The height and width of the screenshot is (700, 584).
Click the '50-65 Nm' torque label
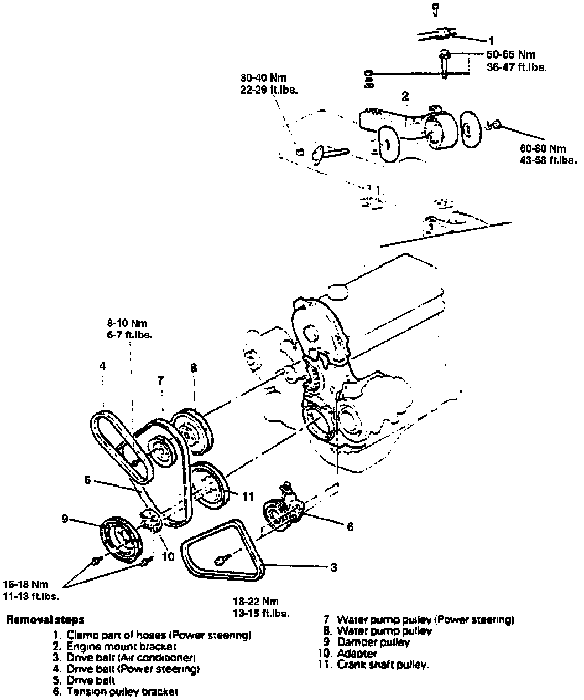pos(511,55)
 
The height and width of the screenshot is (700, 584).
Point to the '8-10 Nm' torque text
pos(127,323)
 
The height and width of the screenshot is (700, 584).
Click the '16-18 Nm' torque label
pos(25,584)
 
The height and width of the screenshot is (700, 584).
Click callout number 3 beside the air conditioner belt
pos(333,567)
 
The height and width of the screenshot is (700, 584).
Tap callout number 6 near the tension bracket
pos(350,527)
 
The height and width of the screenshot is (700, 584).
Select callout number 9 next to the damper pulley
pos(65,519)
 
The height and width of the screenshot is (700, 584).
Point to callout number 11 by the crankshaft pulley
pos(247,496)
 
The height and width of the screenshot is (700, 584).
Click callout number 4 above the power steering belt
pos(102,366)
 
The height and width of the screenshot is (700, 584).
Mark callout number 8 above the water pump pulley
pos(193,367)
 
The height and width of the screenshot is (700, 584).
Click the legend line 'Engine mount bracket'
pos(122,646)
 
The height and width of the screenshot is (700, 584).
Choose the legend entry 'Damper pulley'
pos(373,642)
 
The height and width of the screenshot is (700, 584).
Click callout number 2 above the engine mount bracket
pos(405,96)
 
